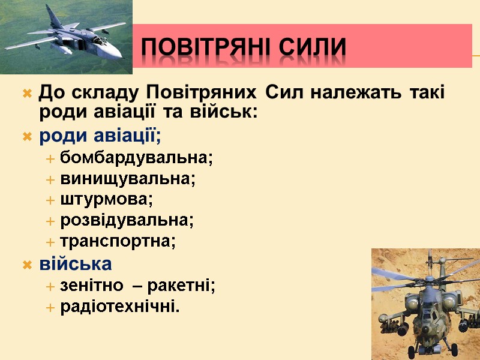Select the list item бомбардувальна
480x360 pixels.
136,158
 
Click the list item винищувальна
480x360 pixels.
128,179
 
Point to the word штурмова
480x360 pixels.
106,199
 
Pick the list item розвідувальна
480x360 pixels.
127,220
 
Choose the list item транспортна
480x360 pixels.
118,241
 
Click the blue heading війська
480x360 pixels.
76,263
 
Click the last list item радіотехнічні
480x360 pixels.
120,307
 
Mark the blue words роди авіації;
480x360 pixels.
100,136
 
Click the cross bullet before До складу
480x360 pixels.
27,94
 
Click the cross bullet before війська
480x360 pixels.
27,264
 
